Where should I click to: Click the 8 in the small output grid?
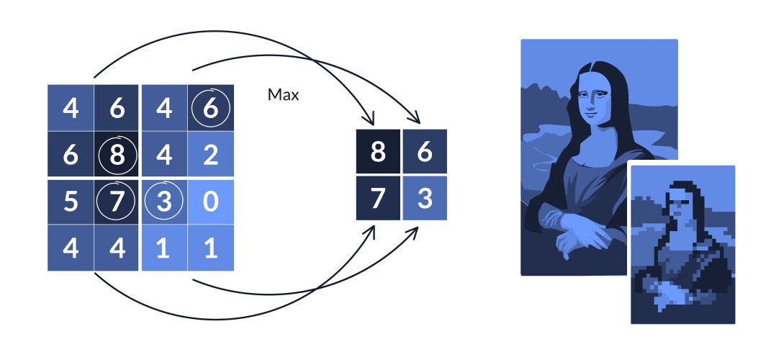[379, 153]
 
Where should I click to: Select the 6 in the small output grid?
[424, 153]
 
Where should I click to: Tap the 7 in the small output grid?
[379, 198]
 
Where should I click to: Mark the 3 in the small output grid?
[424, 198]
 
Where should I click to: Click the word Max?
[283, 94]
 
